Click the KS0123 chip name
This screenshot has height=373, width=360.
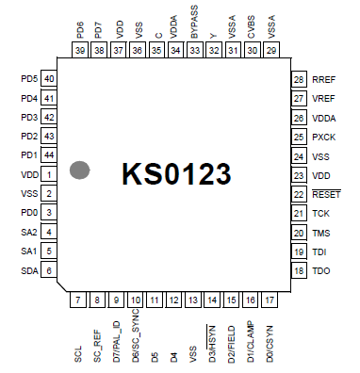click(x=175, y=175)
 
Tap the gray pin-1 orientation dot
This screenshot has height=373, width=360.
click(x=81, y=170)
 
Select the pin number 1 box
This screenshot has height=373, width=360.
click(x=48, y=175)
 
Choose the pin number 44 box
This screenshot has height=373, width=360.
click(x=48, y=155)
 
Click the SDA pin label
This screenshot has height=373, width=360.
click(x=28, y=271)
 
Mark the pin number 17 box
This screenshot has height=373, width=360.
click(x=270, y=300)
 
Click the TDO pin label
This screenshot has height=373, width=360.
click(x=321, y=271)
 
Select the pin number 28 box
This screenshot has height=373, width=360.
click(x=300, y=80)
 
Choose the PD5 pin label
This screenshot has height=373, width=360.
click(x=27, y=79)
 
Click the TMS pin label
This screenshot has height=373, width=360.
click(x=321, y=233)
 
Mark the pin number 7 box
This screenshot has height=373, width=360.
click(x=78, y=300)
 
